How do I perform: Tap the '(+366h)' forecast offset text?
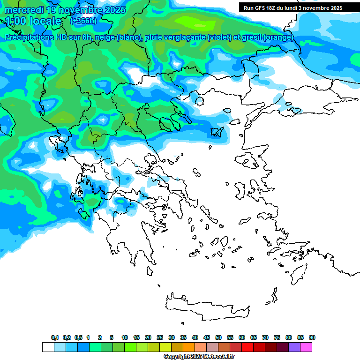pyautogui.click(x=83, y=21)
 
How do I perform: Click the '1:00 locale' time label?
pyautogui.click(x=33, y=21)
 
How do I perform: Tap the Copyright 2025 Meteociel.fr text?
pyautogui.click(x=199, y=357)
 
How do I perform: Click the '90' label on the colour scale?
pyautogui.click(x=312, y=337)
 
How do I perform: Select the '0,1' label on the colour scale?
pyautogui.click(x=55, y=337)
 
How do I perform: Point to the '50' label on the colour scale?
pyautogui.click(x=218, y=337)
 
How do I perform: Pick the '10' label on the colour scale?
pyautogui.click(x=125, y=337)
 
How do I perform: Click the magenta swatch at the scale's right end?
pyautogui.click(x=306, y=347)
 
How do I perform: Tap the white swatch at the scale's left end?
pyautogui.click(x=48, y=347)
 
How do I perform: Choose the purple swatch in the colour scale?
pyautogui.click(x=294, y=347)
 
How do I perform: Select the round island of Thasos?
pyautogui.click(x=199, y=101)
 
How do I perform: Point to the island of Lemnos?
pyautogui.click(x=217, y=133)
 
